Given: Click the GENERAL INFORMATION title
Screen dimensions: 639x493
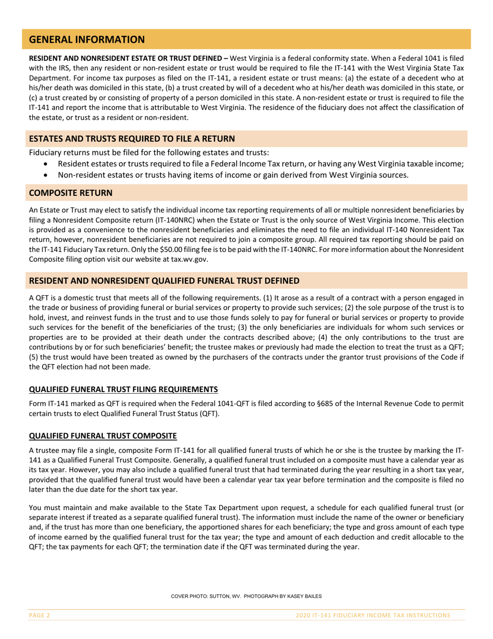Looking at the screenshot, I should (x=87, y=39).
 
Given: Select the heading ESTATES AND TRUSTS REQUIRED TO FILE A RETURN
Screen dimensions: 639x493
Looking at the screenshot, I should (x=132, y=139).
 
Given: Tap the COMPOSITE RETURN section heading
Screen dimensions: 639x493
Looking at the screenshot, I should (x=70, y=193).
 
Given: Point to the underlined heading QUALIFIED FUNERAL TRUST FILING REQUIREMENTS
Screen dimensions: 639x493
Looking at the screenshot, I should (x=124, y=390).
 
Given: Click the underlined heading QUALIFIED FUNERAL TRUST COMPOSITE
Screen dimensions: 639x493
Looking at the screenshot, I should (x=103, y=435).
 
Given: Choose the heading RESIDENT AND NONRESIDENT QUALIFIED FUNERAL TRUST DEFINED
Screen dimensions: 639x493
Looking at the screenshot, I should (x=163, y=281).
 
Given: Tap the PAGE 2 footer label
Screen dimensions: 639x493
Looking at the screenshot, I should (x=39, y=615).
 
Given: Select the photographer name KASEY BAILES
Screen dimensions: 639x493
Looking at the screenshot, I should (x=306, y=597).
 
